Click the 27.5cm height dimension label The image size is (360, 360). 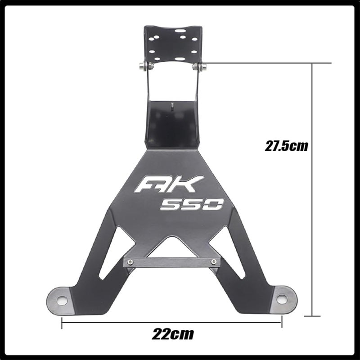click(x=287, y=146)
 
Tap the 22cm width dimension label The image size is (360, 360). click(x=173, y=334)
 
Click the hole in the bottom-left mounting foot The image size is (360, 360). click(x=62, y=300)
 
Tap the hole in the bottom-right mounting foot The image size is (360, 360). click(x=282, y=298)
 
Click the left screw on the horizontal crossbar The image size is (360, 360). click(x=131, y=262)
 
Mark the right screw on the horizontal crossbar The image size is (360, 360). click(x=213, y=261)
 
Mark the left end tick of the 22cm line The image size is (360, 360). click(x=62, y=321)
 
